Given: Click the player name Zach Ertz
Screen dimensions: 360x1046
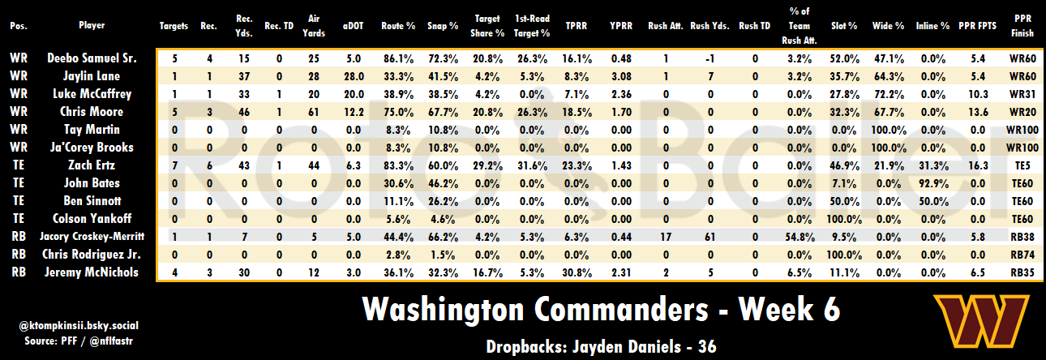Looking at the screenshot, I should [92, 165].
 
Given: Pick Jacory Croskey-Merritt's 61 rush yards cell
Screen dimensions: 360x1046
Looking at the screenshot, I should [710, 236].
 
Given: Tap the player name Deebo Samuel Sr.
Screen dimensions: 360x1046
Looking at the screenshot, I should [92, 58].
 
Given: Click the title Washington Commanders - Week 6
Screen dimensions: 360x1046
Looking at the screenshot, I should [600, 311].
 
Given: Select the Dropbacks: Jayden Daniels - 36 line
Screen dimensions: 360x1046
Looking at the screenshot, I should [600, 346].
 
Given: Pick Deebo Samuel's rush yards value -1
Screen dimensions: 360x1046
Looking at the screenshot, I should [710, 58].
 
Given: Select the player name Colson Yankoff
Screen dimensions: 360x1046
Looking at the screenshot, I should [92, 218].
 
